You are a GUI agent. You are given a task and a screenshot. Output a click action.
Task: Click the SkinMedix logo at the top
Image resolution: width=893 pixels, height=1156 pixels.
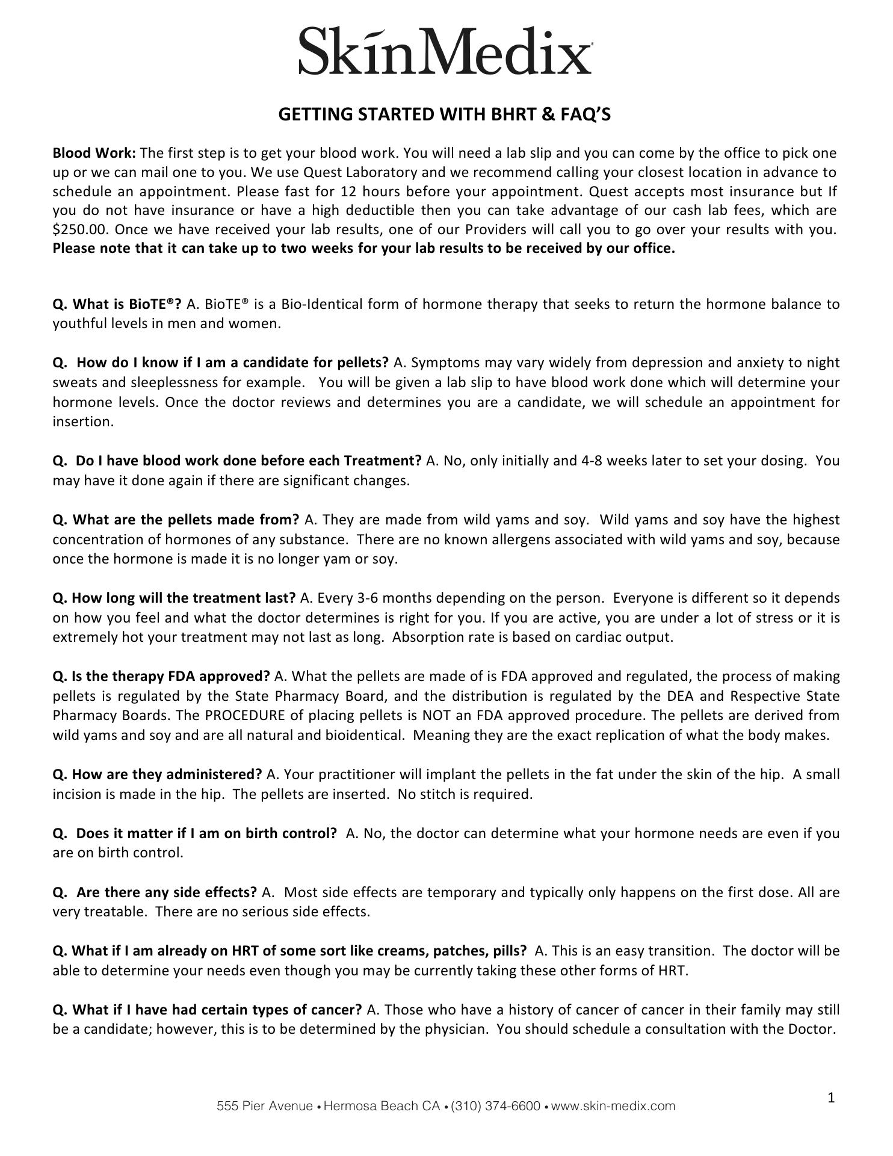point(445,51)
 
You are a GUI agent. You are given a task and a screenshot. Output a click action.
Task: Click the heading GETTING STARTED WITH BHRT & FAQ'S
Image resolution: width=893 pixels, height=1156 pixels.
point(444,114)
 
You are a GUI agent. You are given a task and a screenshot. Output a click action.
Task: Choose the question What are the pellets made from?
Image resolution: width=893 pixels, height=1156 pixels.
point(176,520)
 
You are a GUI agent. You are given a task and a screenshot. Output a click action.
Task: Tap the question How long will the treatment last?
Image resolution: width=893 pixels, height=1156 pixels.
point(175,598)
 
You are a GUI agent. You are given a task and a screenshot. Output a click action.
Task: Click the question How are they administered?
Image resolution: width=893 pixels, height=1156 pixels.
point(158,774)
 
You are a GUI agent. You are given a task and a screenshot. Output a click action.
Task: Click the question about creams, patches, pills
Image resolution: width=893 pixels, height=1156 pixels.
point(289,951)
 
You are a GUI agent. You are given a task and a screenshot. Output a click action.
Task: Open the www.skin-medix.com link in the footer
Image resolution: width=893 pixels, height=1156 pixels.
point(613,1106)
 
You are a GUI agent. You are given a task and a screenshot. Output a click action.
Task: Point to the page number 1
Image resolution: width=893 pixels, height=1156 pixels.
point(831,1098)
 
